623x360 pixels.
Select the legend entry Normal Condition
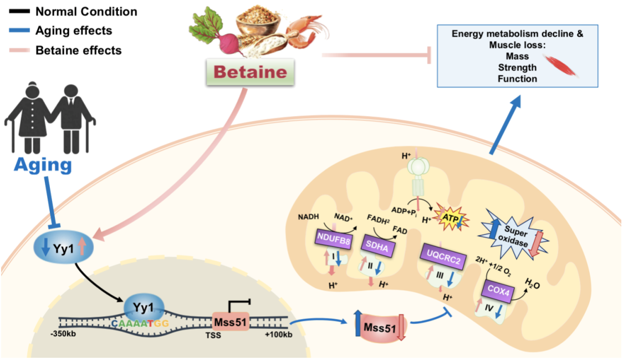pos(86,11)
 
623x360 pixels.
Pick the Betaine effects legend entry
pos(78,50)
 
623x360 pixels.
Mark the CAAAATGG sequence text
pos(139,323)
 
